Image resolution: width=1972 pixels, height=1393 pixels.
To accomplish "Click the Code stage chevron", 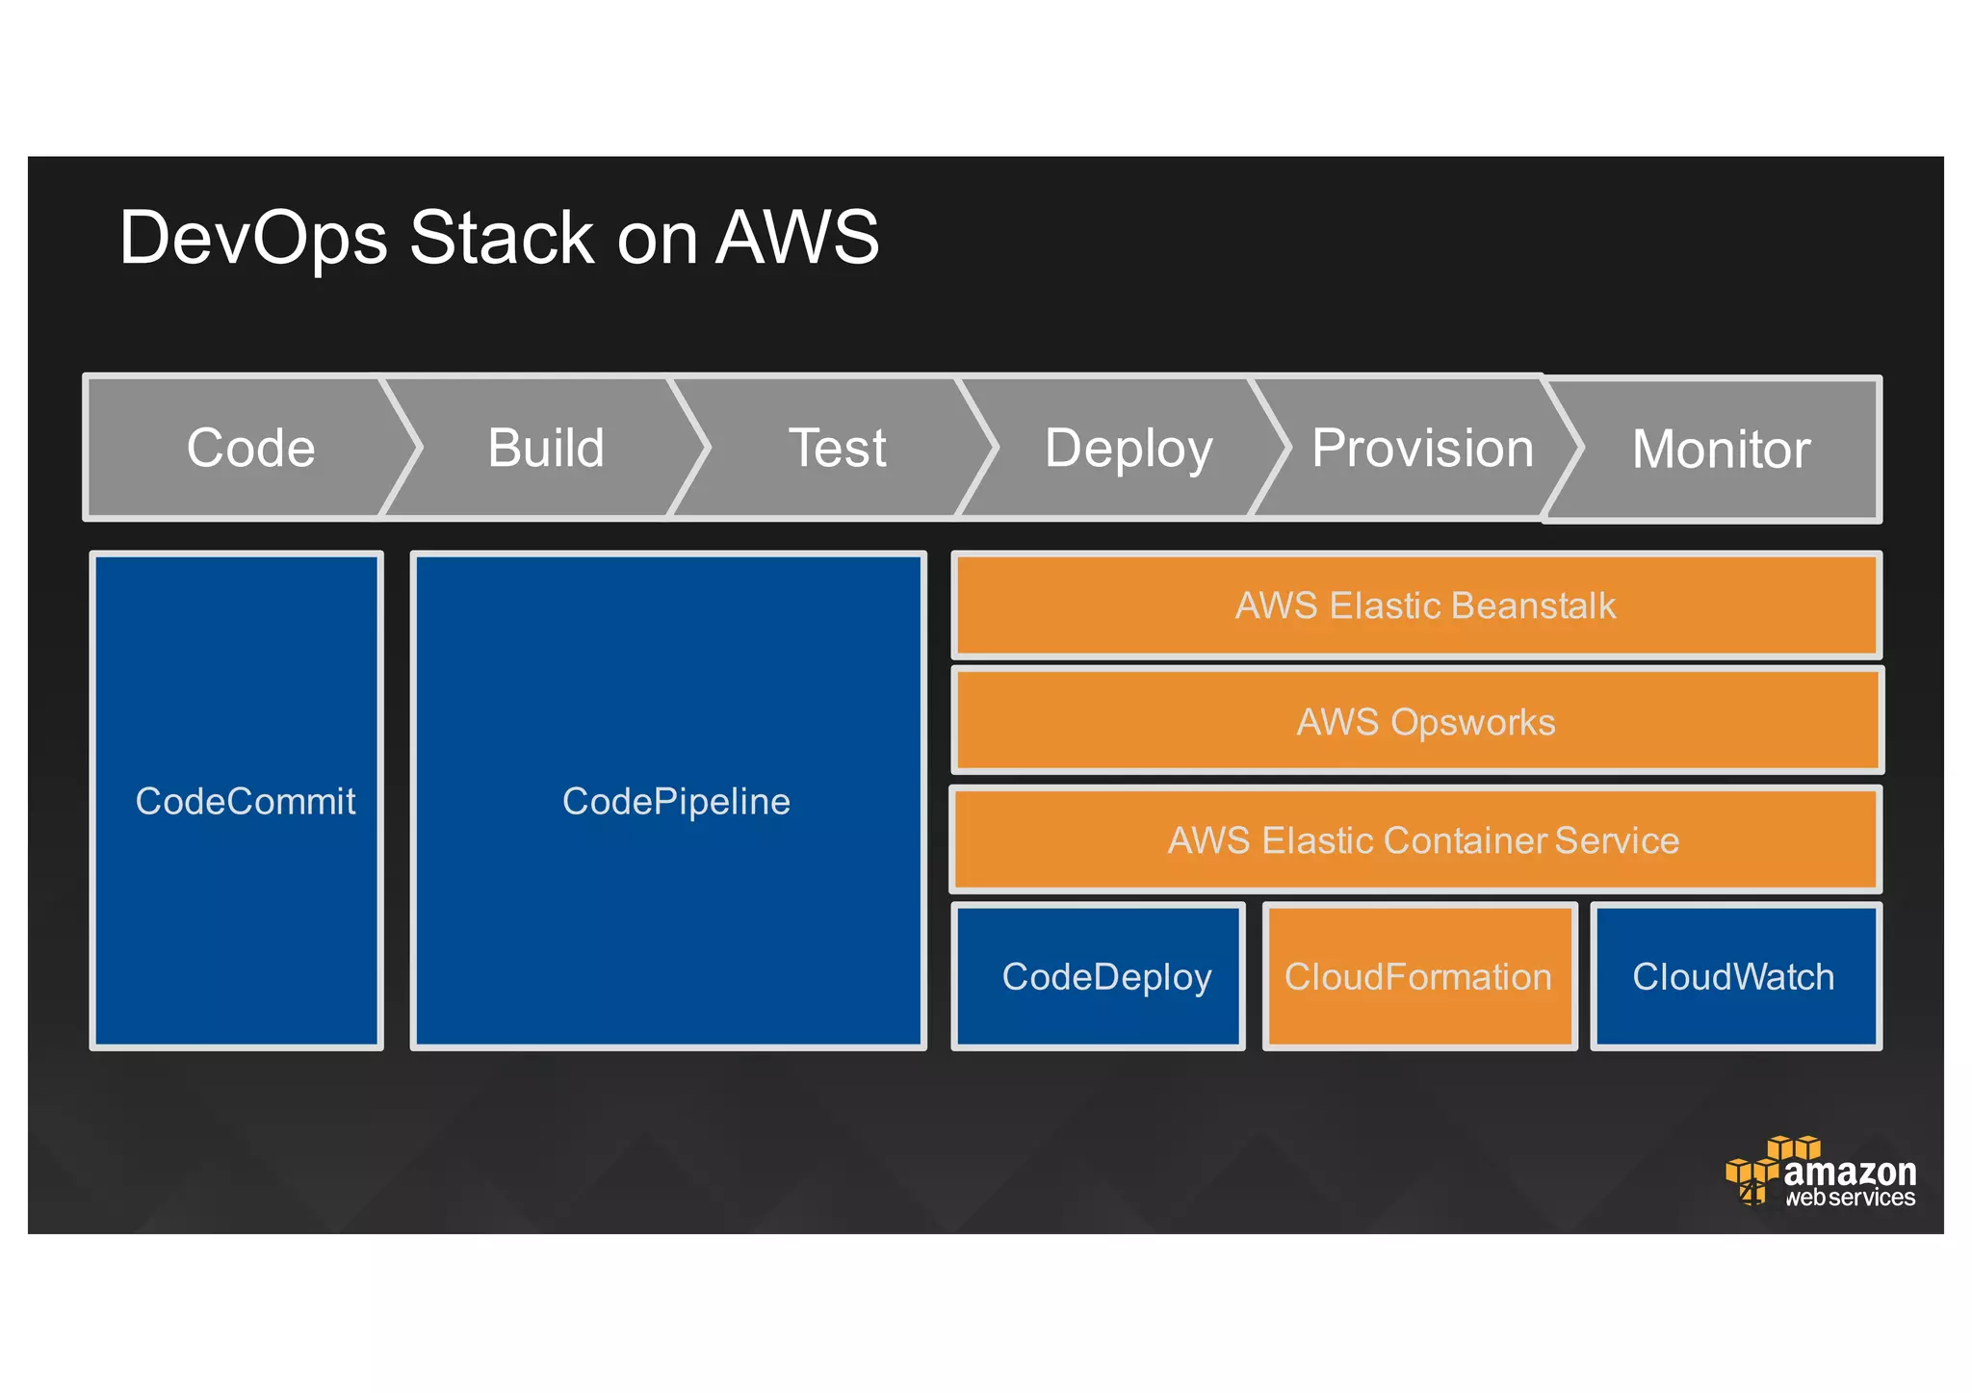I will pyautogui.click(x=250, y=449).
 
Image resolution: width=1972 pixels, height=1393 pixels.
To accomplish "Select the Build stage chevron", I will pyautogui.click(x=546, y=449).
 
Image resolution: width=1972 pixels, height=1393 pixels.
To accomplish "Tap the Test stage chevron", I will pyautogui.click(x=837, y=449).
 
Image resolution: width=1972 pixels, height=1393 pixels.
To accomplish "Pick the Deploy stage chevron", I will pyautogui.click(x=1128, y=449).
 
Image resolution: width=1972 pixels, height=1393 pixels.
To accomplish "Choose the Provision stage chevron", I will pyautogui.click(x=1422, y=449).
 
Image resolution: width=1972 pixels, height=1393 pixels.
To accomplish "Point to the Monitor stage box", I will pyautogui.click(x=1721, y=450).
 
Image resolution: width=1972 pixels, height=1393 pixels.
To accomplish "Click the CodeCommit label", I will pyautogui.click(x=245, y=801).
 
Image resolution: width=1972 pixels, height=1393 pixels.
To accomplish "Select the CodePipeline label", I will pyautogui.click(x=676, y=801).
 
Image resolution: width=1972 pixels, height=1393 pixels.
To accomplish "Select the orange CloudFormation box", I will pyautogui.click(x=1418, y=976).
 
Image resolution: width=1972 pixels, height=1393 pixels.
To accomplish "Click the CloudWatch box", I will pyautogui.click(x=1734, y=976).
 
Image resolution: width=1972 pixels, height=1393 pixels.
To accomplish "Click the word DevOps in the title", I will pyautogui.click(x=253, y=238).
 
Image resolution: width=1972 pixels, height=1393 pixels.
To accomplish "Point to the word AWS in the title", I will pyautogui.click(x=797, y=238).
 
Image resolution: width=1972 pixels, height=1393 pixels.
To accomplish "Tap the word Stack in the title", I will pyautogui.click(x=502, y=238).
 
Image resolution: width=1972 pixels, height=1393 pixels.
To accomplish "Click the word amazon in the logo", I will pyautogui.click(x=1850, y=1173).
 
